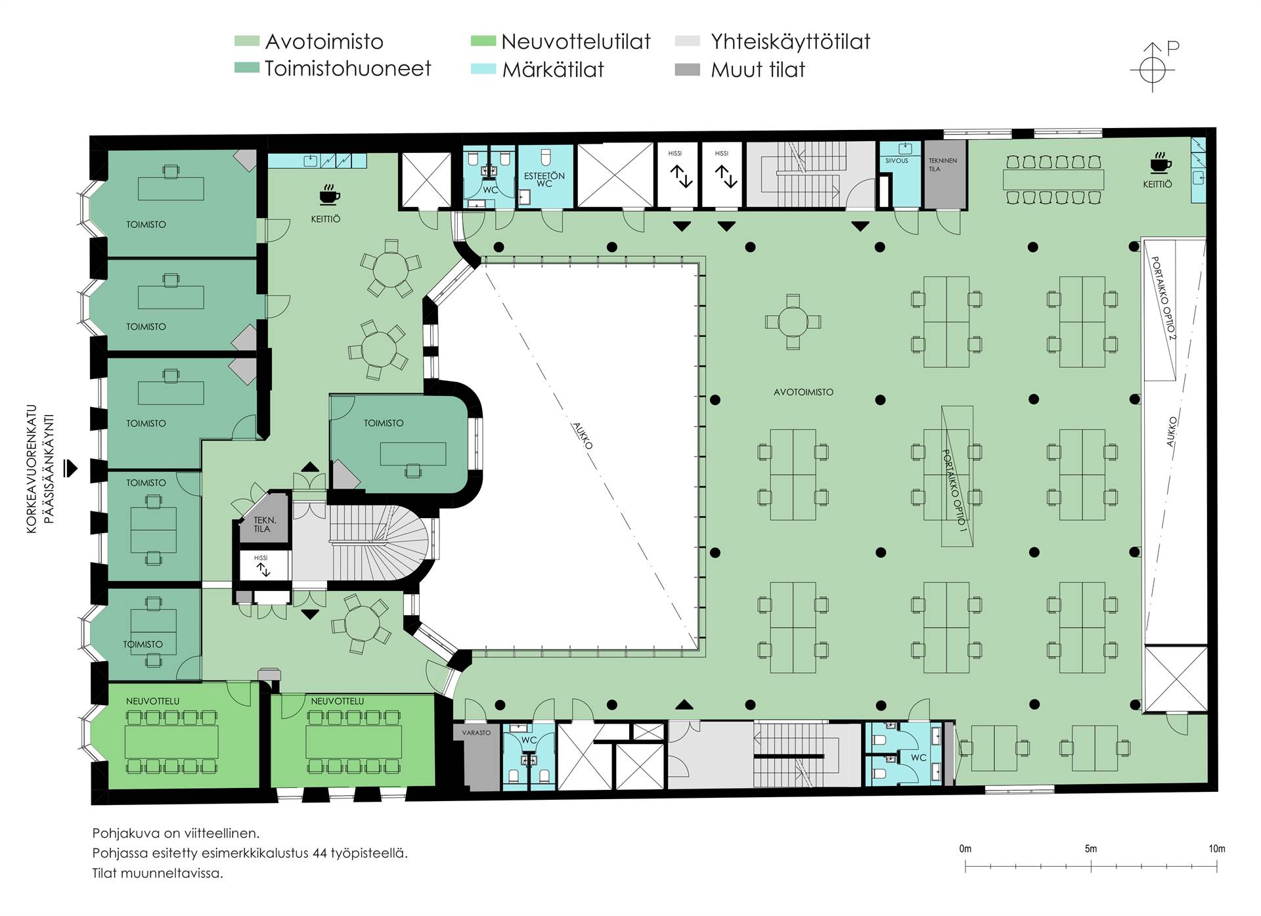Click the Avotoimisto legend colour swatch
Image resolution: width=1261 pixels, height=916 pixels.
[x=246, y=41]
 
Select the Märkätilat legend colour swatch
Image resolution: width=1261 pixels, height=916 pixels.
[x=483, y=70]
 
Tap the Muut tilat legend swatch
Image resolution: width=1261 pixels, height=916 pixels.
[x=687, y=70]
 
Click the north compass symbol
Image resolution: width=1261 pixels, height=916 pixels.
[x=1153, y=68]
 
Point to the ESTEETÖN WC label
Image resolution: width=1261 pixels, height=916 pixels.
[x=544, y=180]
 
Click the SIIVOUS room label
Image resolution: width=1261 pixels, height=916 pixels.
[x=896, y=161]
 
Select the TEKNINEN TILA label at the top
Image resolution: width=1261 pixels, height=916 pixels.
[x=942, y=165]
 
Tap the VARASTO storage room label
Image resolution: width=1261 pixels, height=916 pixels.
[x=476, y=733]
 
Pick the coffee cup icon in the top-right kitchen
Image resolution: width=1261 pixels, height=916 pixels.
[x=1161, y=163]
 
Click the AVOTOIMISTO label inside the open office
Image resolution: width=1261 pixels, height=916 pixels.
[x=803, y=392]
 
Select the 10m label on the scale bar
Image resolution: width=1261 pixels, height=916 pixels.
[x=1217, y=848]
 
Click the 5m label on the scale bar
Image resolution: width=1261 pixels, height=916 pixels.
[x=1091, y=848]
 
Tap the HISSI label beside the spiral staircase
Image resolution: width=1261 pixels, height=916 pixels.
[x=261, y=558]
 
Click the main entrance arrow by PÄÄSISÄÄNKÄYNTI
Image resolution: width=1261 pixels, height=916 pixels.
[x=70, y=468]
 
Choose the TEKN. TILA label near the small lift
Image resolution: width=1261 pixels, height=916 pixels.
[x=265, y=525]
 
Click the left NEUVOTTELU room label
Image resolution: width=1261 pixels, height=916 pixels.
[x=152, y=701]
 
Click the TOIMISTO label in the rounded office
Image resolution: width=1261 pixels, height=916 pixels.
[x=384, y=424]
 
